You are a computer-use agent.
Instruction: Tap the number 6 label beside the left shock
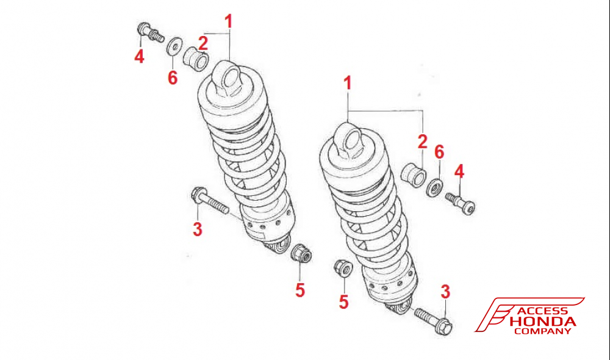(173, 77)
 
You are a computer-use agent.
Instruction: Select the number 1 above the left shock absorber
(228, 22)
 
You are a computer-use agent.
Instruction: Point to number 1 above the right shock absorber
(348, 84)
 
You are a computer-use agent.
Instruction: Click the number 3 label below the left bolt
(197, 229)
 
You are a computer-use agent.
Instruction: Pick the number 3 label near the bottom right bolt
(445, 292)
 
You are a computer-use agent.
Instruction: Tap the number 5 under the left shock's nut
(300, 290)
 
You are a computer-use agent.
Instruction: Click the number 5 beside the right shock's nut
(344, 301)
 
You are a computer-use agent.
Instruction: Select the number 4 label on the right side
(459, 171)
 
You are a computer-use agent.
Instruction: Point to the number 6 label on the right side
(439, 152)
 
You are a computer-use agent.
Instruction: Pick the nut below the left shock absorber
(300, 253)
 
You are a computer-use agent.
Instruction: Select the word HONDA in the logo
(545, 322)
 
